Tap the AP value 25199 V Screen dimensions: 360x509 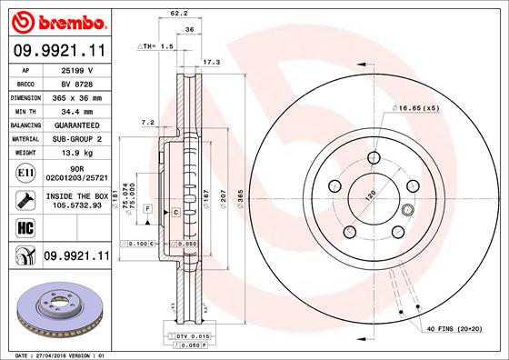click(x=77, y=69)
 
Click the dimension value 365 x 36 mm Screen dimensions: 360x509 click(x=77, y=96)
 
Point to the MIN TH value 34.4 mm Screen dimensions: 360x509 click(x=77, y=110)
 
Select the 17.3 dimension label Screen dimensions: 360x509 click(x=212, y=63)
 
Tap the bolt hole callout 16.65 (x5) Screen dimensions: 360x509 click(x=417, y=107)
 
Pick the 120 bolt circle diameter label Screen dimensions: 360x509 click(x=371, y=195)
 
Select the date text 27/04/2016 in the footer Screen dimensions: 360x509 click(x=51, y=355)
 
